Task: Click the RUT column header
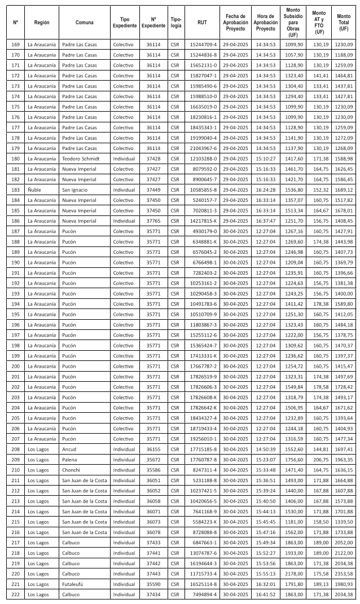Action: [x=201, y=22]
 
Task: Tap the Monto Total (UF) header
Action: [x=344, y=22]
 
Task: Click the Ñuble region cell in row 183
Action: [x=34, y=189]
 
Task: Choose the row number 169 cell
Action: [x=15, y=44]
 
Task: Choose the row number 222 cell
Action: [x=15, y=594]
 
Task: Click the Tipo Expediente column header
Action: [x=124, y=22]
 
